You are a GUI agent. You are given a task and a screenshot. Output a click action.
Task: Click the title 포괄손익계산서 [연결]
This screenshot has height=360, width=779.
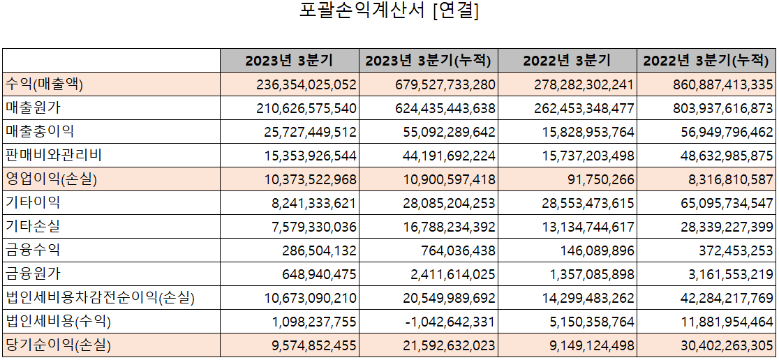coord(389,12)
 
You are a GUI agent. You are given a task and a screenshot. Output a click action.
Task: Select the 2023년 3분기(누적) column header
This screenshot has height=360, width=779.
coord(429,61)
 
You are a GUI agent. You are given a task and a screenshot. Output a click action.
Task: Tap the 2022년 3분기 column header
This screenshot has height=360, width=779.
coord(567,61)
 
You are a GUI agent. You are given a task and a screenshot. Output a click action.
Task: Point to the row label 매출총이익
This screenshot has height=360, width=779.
coord(40,132)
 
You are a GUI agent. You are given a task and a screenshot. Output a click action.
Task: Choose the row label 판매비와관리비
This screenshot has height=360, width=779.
coord(55,156)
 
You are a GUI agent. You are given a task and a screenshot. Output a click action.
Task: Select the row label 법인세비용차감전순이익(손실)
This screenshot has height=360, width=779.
coord(100,298)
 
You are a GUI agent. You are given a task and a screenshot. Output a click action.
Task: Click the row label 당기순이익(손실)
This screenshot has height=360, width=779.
coord(58,345)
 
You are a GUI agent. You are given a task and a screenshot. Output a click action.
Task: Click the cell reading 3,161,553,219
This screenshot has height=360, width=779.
coord(727,274)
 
